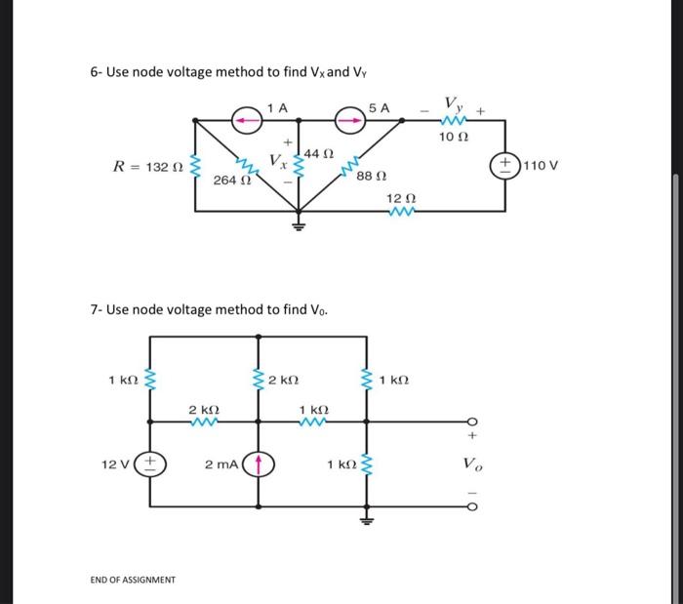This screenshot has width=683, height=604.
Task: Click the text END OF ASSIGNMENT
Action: (x=133, y=580)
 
